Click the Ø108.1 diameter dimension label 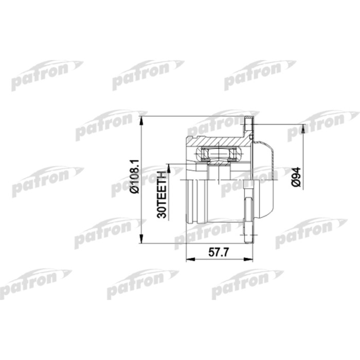[x=135, y=176]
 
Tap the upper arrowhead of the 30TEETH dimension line [x=168, y=167]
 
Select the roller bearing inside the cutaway [x=218, y=153]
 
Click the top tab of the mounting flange [x=249, y=125]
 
